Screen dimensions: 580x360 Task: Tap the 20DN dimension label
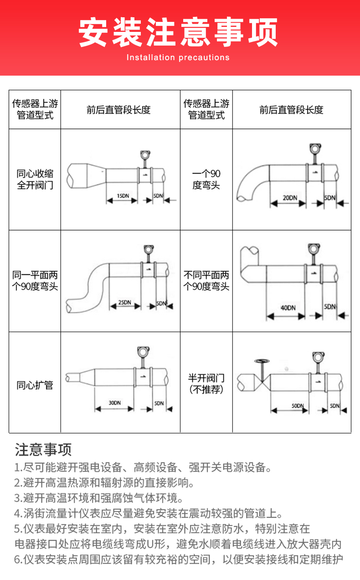290,198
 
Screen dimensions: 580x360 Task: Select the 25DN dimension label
124,302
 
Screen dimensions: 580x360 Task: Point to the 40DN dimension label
288,308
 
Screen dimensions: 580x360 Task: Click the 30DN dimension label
114,403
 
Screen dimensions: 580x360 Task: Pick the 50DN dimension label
298,405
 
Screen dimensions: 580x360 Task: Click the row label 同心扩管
35,385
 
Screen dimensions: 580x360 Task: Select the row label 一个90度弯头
206,180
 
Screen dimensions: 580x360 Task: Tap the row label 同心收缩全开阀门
35,180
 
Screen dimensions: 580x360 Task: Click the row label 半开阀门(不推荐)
206,384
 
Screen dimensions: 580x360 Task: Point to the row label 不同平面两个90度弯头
206,281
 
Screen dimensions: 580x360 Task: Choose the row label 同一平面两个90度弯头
35,281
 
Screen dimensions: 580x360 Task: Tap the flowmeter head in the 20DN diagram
314,148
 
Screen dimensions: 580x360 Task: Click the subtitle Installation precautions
178,57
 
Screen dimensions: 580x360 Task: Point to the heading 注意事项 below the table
43,450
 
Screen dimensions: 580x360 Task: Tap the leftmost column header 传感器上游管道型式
35,109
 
